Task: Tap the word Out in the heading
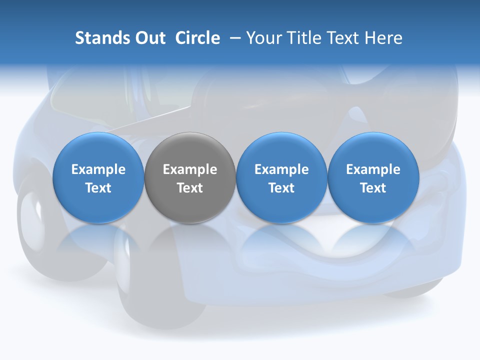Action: pos(149,38)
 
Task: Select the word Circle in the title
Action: pos(197,38)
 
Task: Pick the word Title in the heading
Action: pos(300,38)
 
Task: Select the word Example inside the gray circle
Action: pos(190,169)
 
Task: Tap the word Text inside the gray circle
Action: pos(190,188)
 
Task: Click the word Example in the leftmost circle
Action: pos(98,169)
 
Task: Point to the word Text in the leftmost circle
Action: pos(98,188)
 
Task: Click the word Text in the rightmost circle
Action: pos(373,188)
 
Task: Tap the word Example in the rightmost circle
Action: pos(373,169)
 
